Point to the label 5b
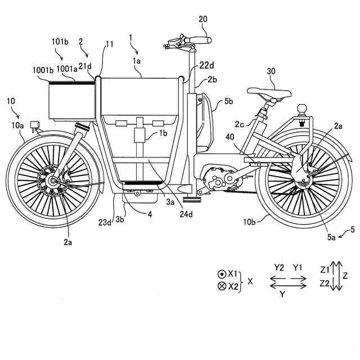point(228,102)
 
